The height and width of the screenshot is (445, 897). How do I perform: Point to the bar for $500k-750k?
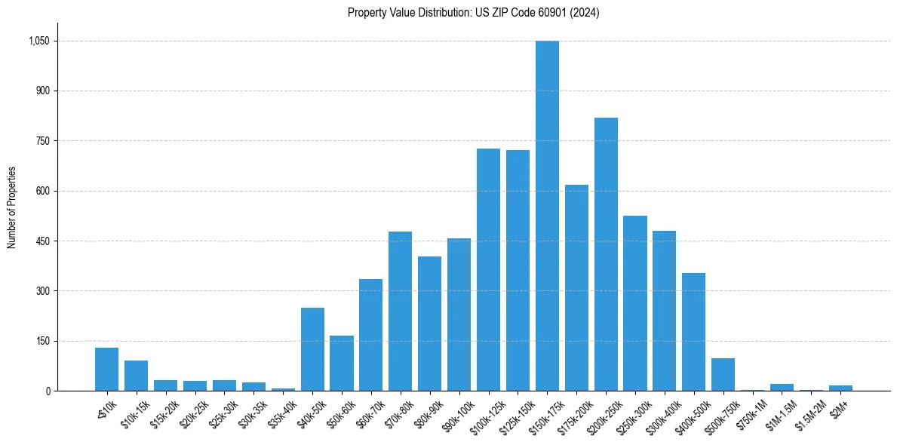click(x=723, y=374)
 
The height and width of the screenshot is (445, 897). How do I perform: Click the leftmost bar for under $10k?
click(x=106, y=369)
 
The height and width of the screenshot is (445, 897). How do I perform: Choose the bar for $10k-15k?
click(x=136, y=376)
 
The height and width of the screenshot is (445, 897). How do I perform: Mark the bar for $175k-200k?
click(x=576, y=287)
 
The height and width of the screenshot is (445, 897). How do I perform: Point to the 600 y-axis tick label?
click(x=43, y=191)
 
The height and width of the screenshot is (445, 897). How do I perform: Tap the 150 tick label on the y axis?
click(x=43, y=341)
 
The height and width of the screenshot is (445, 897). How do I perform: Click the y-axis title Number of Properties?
click(x=12, y=207)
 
